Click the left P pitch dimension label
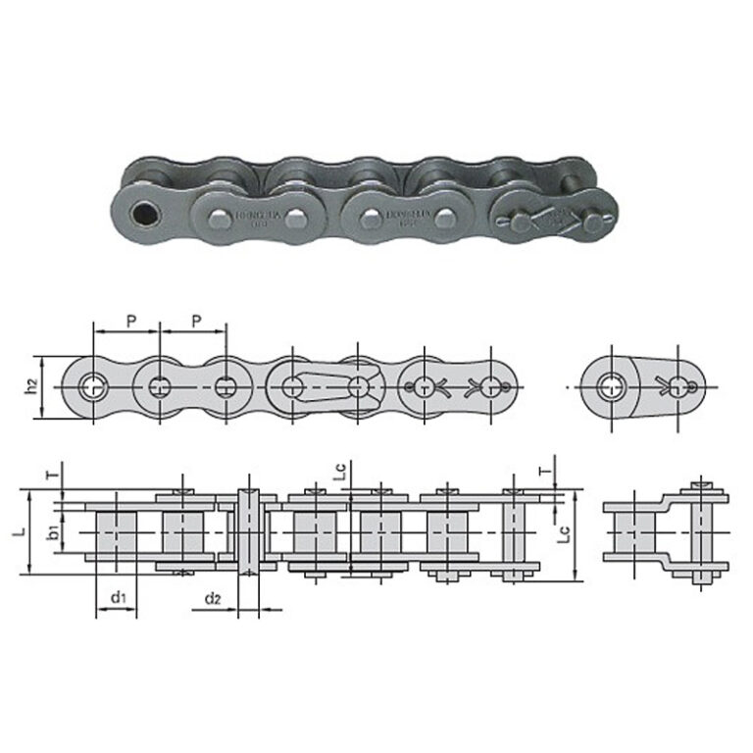130,321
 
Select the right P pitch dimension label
196,321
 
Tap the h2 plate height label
32,386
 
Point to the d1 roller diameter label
116,597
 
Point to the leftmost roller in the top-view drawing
117,531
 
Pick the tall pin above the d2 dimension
248,529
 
